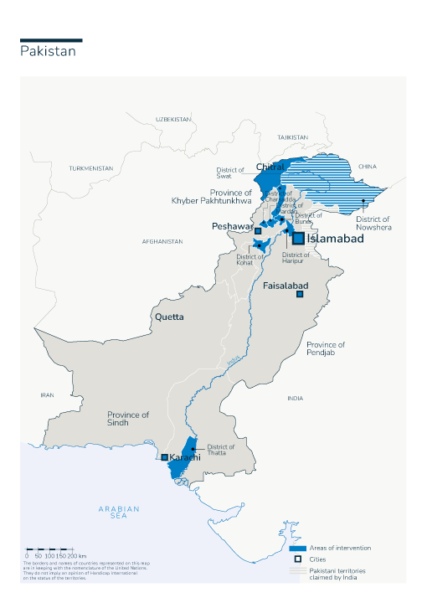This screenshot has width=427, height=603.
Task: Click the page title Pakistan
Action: tap(48, 51)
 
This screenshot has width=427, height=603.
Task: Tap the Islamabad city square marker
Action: tap(298, 238)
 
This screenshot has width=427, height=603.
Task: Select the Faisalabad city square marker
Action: tap(298, 294)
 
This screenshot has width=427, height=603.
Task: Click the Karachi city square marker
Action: tap(165, 457)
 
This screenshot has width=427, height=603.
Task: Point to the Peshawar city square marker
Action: tap(258, 230)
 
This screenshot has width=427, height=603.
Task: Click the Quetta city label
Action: tap(168, 317)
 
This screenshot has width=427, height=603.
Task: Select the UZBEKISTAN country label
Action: tap(173, 120)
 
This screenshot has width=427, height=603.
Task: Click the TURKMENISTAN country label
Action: tap(90, 168)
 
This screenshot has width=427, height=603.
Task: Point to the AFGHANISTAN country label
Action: tap(162, 241)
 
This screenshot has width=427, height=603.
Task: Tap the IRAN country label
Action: tap(47, 394)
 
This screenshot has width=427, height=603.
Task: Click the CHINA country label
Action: tap(368, 167)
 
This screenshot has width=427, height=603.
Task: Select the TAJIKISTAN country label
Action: tap(293, 137)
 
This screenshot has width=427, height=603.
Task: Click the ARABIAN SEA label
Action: tap(119, 513)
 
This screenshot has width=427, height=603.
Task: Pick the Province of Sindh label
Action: tap(128, 419)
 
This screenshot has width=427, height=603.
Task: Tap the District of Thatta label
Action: tap(221, 450)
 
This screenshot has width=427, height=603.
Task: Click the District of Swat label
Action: tap(230, 173)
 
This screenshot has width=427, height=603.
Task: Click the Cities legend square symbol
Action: tap(296, 559)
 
